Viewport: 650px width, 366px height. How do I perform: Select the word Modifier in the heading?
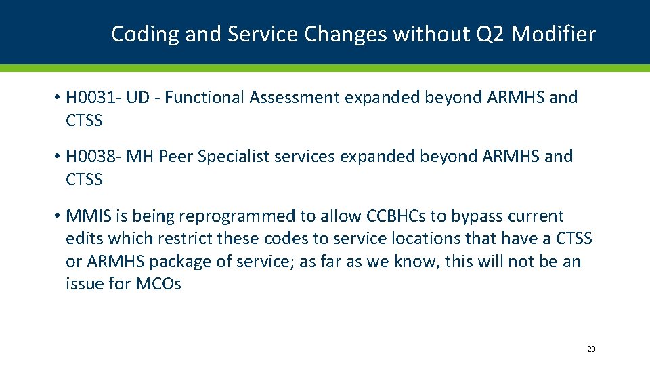pyautogui.click(x=553, y=34)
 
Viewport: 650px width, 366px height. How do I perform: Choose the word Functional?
pyautogui.click(x=204, y=98)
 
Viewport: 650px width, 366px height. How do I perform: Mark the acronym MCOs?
pyautogui.click(x=158, y=284)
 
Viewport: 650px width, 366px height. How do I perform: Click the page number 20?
pyautogui.click(x=591, y=349)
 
